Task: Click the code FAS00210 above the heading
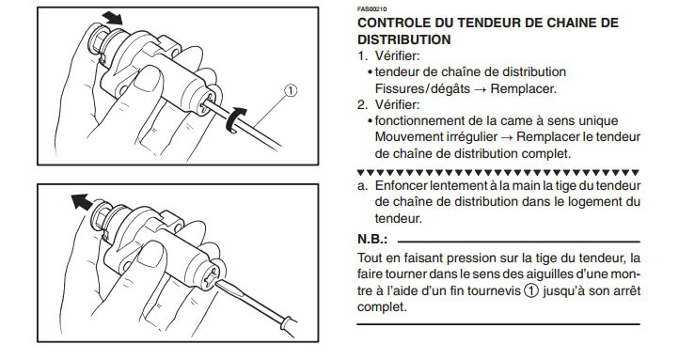coord(372,9)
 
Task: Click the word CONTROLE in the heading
coord(394,23)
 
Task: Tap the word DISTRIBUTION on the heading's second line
coord(404,39)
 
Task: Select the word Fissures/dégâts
coord(422,88)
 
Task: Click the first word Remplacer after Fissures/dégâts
coord(524,88)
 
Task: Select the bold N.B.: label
coord(372,240)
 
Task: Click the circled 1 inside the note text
coord(531,290)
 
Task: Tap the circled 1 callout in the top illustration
coord(291,91)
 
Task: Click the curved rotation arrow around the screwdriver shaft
coord(235,120)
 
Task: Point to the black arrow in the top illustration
coord(113,18)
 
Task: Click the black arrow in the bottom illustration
coord(82,202)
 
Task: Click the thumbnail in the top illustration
coord(148,78)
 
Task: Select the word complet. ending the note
coord(382,307)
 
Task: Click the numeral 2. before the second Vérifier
coord(362,104)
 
